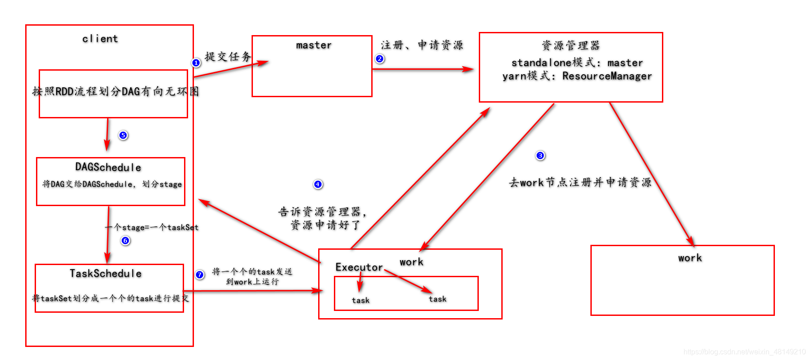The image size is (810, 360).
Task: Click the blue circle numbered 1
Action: (196, 63)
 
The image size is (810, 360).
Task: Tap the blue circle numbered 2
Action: (380, 59)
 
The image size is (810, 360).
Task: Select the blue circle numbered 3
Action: (540, 156)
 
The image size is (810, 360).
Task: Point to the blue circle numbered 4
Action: (318, 184)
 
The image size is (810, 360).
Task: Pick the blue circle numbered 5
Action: (123, 135)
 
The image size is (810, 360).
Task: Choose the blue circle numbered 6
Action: (126, 241)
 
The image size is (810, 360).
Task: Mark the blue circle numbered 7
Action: (200, 274)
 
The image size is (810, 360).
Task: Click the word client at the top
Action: (100, 39)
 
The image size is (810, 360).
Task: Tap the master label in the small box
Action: (314, 45)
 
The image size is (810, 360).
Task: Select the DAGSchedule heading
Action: (108, 167)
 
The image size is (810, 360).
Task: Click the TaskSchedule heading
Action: (106, 274)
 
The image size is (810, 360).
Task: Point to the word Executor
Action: (359, 267)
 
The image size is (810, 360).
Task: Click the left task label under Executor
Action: (360, 300)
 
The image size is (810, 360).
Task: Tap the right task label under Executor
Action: (437, 299)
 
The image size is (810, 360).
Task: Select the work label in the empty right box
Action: (690, 258)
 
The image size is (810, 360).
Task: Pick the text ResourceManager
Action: (607, 76)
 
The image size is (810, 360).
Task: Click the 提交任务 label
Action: (228, 57)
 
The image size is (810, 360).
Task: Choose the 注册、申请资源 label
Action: (422, 45)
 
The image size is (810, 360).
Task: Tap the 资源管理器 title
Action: (571, 45)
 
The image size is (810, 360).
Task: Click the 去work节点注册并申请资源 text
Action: (580, 182)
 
